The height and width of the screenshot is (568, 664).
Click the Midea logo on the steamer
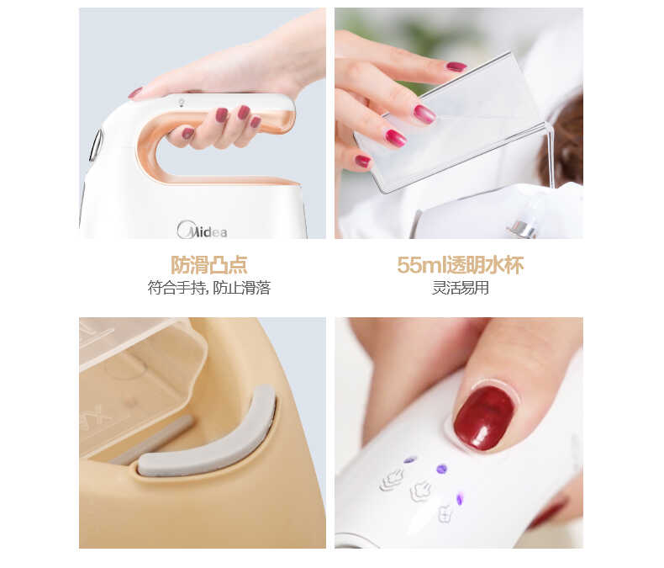point(202,231)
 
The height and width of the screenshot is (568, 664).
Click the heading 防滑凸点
point(208,265)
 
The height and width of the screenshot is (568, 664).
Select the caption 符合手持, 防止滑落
point(208,288)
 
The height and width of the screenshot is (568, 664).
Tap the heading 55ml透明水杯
point(461,265)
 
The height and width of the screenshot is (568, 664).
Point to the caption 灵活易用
point(461,288)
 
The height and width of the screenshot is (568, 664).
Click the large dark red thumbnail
point(484,417)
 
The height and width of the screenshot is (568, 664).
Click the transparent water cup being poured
point(449,123)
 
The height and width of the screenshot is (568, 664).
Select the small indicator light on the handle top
point(182,102)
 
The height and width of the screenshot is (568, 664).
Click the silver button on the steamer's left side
point(96,145)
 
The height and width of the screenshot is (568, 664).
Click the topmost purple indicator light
point(409,460)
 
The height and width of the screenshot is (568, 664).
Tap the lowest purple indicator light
point(460,499)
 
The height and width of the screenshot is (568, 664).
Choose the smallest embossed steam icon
point(445,514)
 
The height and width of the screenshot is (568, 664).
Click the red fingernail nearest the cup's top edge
point(456,66)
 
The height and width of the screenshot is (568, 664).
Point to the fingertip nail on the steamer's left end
point(135,93)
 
